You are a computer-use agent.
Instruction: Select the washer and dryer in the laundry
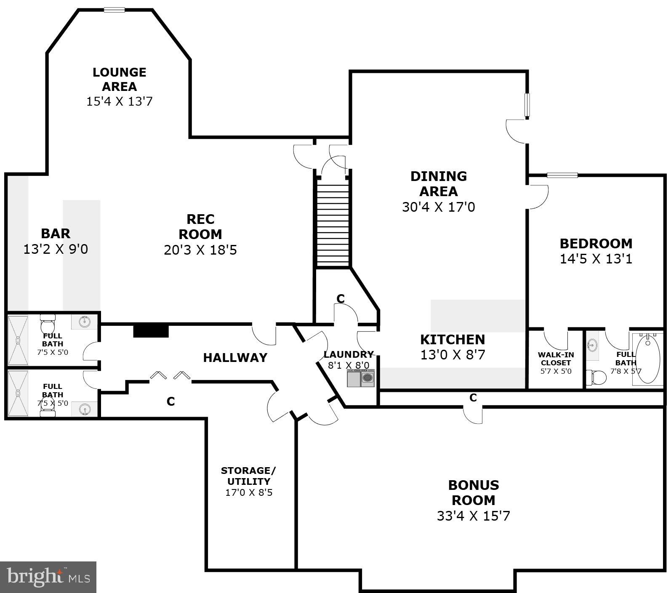coord(361,378)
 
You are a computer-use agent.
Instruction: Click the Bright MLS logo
coord(48,577)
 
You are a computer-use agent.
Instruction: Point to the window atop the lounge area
coord(114,10)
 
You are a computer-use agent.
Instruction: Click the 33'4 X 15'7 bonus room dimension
coord(473,516)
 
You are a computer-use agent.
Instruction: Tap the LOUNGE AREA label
coord(120,79)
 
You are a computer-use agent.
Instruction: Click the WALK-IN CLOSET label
coord(556,359)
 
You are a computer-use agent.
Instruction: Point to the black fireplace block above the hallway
coord(151,330)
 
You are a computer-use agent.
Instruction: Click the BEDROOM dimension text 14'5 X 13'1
coord(596,259)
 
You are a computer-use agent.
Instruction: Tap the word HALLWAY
coord(235,358)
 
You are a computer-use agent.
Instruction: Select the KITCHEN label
coord(453,339)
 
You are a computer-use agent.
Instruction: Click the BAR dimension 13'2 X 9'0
coord(56,249)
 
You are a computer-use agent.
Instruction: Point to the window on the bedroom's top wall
coord(562,175)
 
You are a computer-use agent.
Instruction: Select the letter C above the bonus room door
coord(473,397)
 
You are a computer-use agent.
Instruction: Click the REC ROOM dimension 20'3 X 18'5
coord(200,250)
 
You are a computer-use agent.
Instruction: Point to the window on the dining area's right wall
coord(527,105)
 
